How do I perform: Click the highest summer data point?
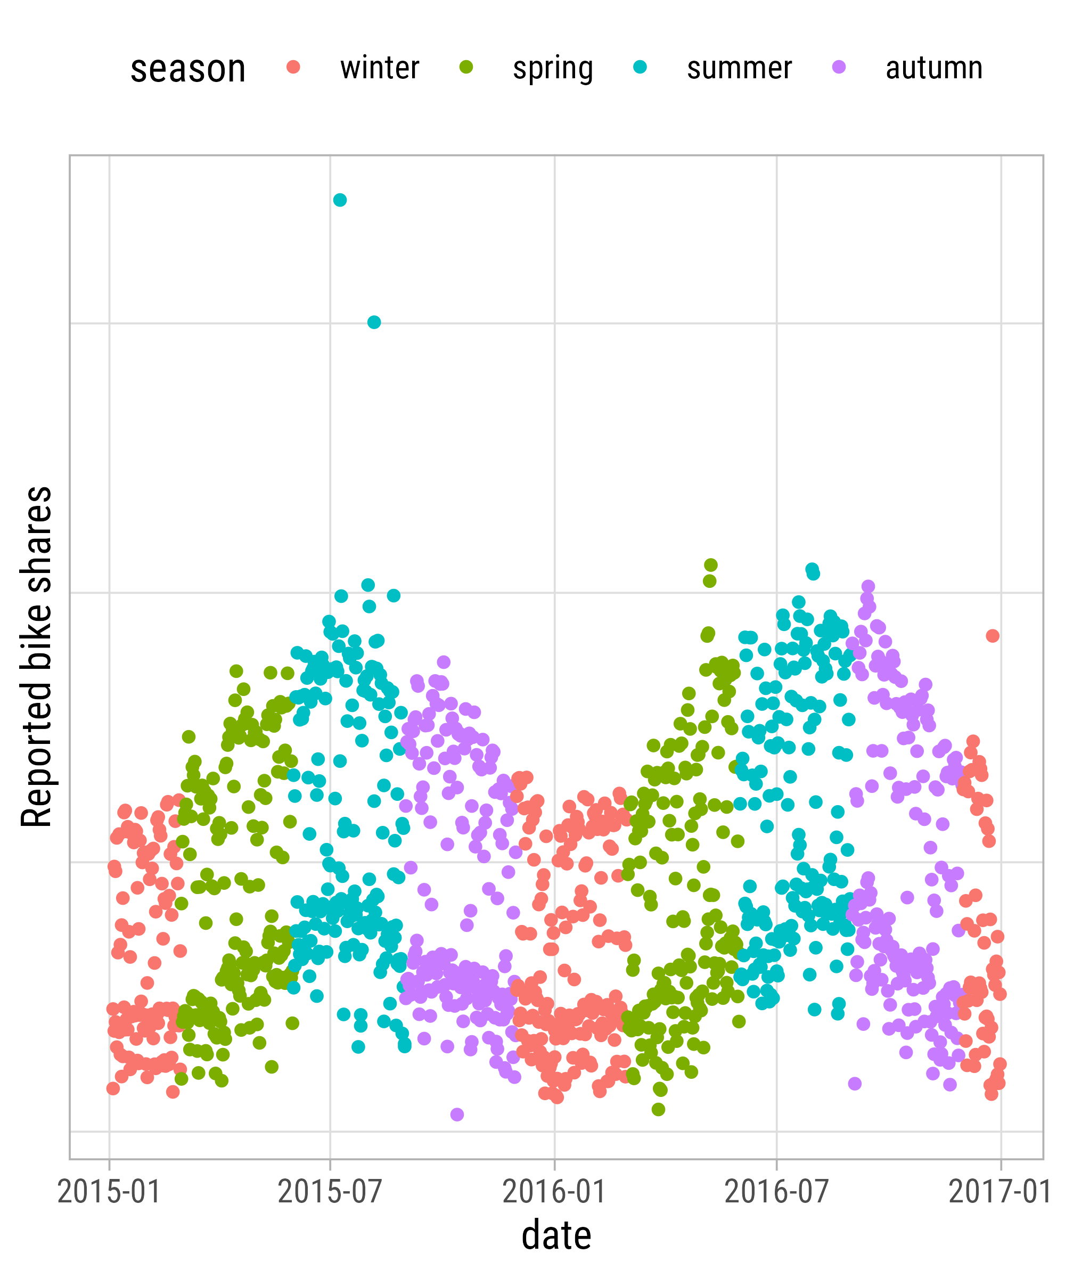pos(340,200)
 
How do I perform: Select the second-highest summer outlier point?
pos(374,323)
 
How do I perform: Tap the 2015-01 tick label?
pos(109,1192)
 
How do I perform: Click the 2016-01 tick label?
pos(554,1192)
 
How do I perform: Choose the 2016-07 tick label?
pos(776,1192)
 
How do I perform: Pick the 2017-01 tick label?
pos(1000,1192)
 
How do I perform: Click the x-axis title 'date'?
pos(556,1236)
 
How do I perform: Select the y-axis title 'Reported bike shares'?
pos(37,657)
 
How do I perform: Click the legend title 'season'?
pos(188,68)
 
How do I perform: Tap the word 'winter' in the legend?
pos(380,68)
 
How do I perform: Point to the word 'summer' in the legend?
pos(740,68)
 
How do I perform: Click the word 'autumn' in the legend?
pos(934,68)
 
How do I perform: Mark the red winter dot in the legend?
pos(294,67)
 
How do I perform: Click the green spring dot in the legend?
pos(466,67)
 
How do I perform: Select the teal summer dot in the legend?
pos(640,67)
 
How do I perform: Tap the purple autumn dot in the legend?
pos(839,67)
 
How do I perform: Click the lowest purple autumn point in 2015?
pos(457,1115)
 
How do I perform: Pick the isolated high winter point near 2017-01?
pos(993,636)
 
